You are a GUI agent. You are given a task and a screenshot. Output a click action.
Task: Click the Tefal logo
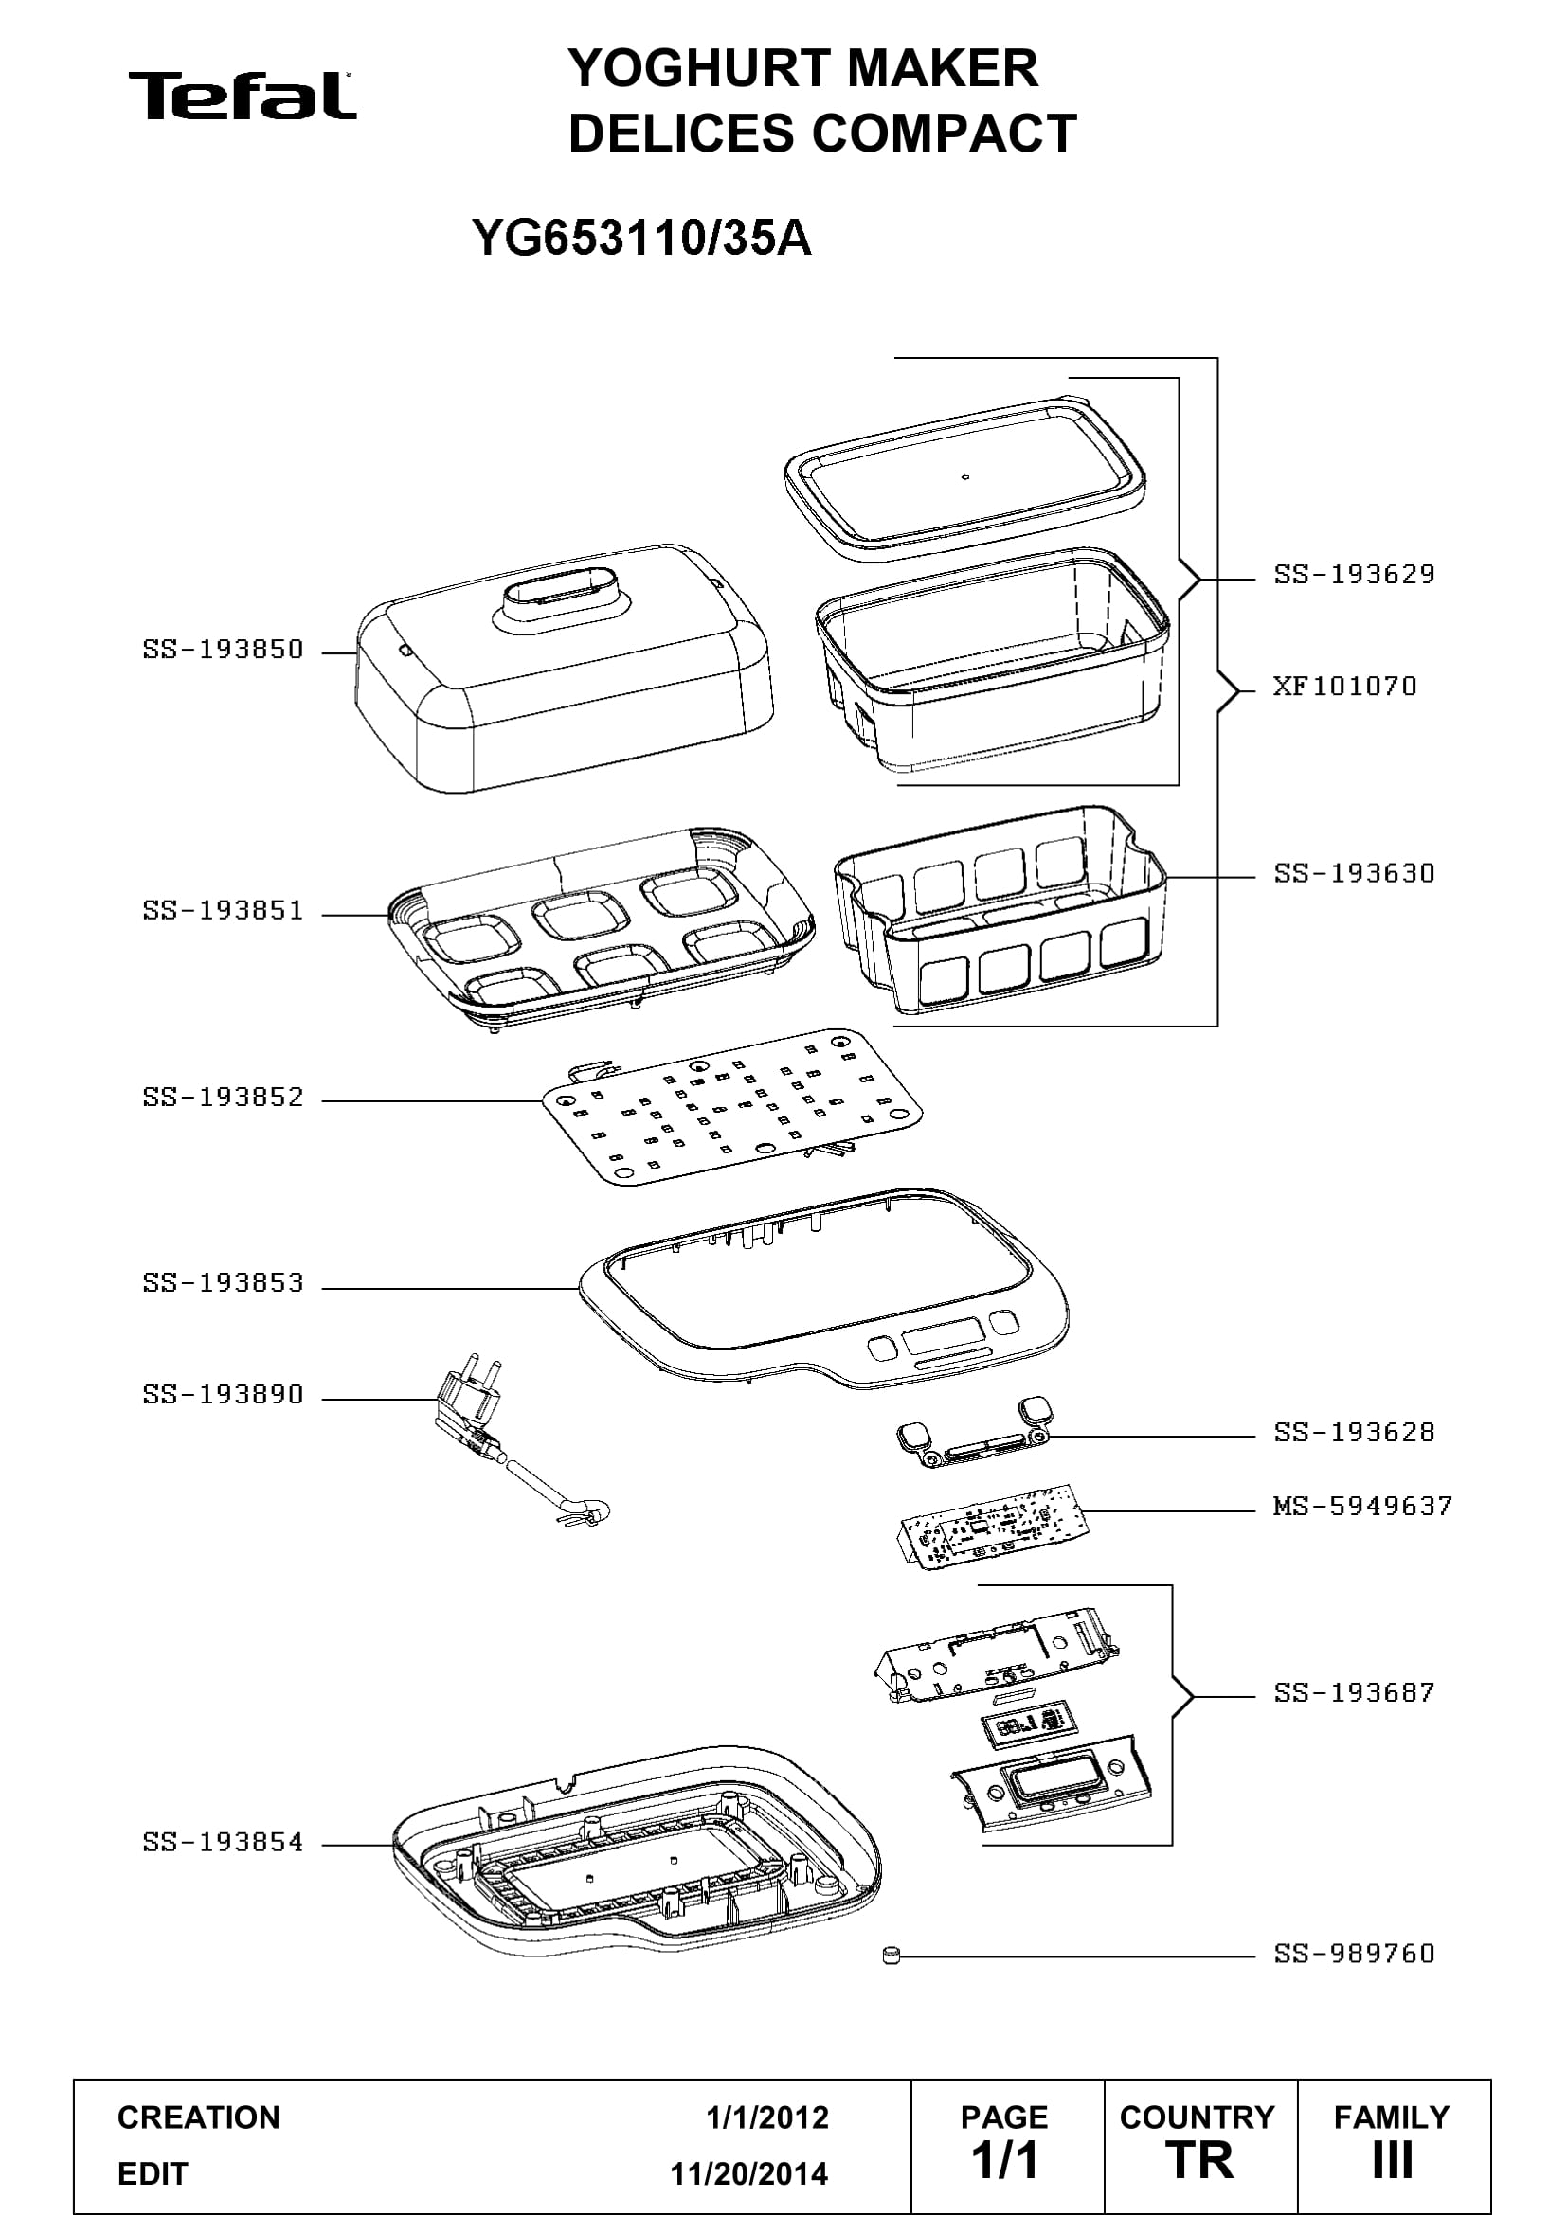243,96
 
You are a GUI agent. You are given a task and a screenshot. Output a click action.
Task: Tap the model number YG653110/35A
641,238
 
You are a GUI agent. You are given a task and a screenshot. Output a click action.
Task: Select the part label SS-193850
223,650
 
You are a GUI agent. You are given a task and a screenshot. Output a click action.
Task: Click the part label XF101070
1344,686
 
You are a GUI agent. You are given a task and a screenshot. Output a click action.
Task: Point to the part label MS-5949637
1362,1506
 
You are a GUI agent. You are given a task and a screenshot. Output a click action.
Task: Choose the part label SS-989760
1354,1954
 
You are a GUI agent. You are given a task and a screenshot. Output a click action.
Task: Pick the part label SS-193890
223,1394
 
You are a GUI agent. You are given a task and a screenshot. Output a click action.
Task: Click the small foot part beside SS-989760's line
891,1956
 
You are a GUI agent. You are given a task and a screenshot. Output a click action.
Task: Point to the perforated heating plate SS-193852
732,1105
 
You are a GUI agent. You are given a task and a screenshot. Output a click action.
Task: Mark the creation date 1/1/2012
767,2117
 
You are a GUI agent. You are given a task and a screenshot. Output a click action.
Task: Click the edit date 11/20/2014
749,2174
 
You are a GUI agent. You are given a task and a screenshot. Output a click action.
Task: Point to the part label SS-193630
1354,873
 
